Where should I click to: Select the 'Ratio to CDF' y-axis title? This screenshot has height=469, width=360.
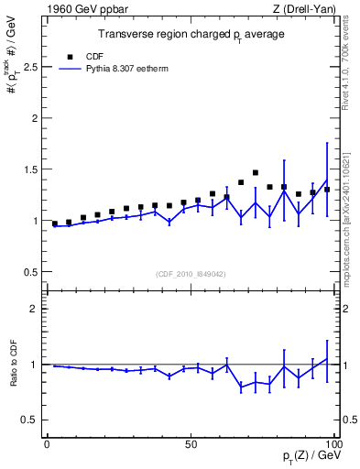click(13, 364)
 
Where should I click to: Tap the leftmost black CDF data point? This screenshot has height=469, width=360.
click(55, 224)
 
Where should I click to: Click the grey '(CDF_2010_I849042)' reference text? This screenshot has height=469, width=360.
click(191, 274)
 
